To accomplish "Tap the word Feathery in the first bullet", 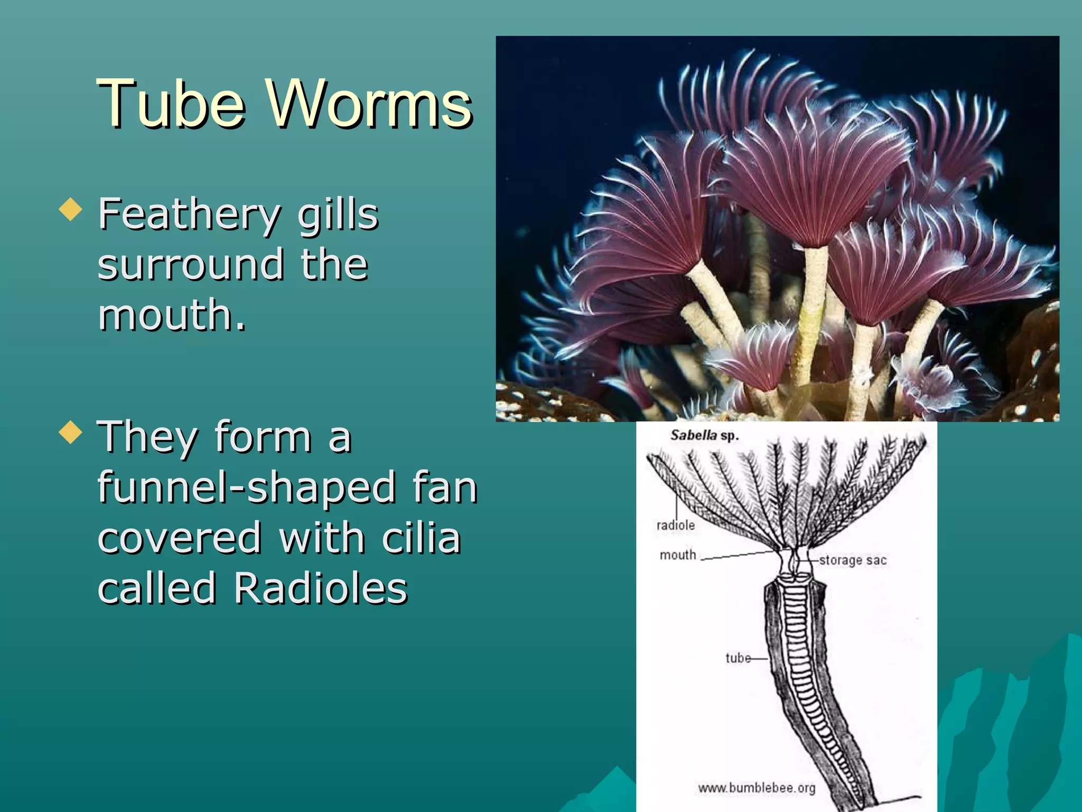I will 189,214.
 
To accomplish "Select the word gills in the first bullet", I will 338,214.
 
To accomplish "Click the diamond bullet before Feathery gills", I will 71,209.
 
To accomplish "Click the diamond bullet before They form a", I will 71,432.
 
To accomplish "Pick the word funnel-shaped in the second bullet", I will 247,487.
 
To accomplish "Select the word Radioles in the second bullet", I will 320,588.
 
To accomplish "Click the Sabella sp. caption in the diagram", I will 704,436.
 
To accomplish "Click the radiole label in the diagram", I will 675,525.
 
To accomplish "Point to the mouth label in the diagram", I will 678,555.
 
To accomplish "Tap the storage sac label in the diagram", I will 852,560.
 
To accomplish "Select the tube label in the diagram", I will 738,658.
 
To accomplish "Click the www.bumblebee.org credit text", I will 757,788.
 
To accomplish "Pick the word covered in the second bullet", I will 180,538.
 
